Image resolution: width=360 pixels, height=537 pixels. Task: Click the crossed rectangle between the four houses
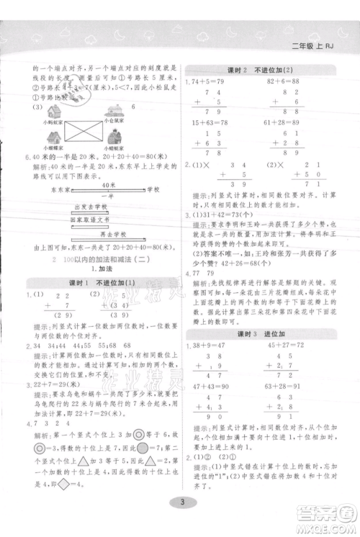pos(82,132)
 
